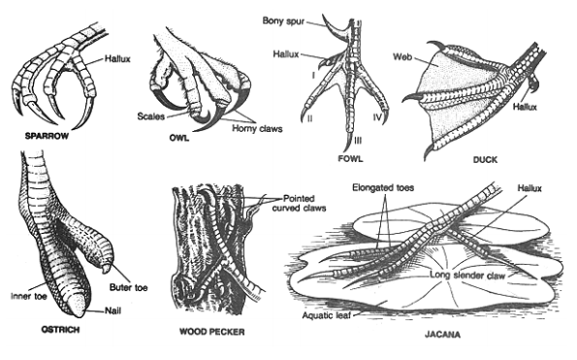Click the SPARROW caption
(47, 136)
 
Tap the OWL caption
(179, 138)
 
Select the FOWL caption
(350, 158)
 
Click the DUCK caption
(485, 160)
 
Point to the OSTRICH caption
(60, 330)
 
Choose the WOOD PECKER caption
(212, 332)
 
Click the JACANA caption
(442, 335)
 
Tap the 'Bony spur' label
(283, 20)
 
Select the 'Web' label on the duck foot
(402, 56)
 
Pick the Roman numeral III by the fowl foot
(358, 141)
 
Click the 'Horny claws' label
(257, 128)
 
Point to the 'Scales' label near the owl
(151, 116)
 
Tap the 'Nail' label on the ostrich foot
(112, 311)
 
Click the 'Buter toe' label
(128, 287)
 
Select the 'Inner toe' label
(29, 296)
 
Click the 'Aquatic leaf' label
(327, 315)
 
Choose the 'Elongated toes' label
(383, 187)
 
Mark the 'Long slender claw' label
(467, 275)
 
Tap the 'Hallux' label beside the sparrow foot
(117, 58)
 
